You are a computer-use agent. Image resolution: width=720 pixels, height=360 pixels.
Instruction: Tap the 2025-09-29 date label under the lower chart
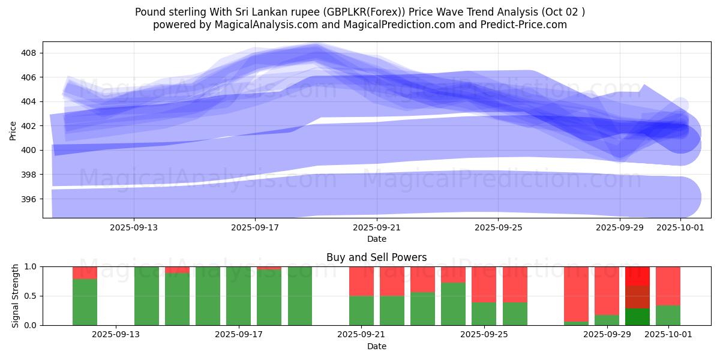[x=607, y=335]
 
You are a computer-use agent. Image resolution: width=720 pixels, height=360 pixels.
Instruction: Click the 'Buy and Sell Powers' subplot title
[x=377, y=257]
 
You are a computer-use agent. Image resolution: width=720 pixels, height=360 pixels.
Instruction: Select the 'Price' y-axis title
[x=13, y=130]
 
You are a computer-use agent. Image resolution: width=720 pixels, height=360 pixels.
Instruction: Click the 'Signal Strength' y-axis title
[x=16, y=296]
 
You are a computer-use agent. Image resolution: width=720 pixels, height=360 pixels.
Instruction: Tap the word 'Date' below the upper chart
[x=377, y=239]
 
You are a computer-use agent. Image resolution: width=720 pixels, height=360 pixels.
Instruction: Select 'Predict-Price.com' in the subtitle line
[x=526, y=25]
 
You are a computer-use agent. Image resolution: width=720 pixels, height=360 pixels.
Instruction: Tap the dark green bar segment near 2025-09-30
[x=637, y=316]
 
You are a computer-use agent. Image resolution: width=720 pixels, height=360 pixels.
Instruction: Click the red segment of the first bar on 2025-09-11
[x=85, y=272]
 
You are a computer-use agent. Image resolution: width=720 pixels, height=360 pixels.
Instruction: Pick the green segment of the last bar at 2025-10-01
[x=668, y=315]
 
